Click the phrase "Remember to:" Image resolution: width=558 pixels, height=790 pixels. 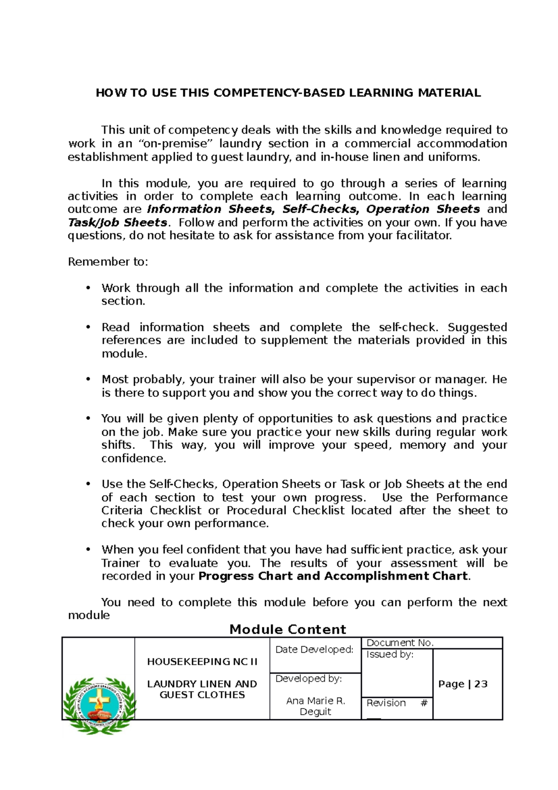click(108, 262)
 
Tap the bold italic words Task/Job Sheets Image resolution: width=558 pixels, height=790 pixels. click(117, 222)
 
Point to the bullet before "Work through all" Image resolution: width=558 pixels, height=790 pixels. click(87, 288)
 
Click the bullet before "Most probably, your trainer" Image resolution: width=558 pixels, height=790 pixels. click(87, 380)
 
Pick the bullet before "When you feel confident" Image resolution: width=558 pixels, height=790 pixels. click(87, 550)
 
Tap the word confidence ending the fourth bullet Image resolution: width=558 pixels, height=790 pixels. click(133, 459)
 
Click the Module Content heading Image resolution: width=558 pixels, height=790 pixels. click(288, 629)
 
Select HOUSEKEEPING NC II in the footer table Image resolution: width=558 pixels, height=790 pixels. click(202, 662)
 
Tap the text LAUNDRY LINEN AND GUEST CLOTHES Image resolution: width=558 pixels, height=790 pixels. click(202, 690)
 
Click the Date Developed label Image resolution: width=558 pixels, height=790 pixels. click(314, 649)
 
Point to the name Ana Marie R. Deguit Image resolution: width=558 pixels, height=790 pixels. click(316, 706)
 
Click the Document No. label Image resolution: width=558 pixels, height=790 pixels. click(400, 643)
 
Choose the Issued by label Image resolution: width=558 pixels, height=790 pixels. click(390, 655)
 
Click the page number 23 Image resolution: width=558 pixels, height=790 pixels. click(481, 684)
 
